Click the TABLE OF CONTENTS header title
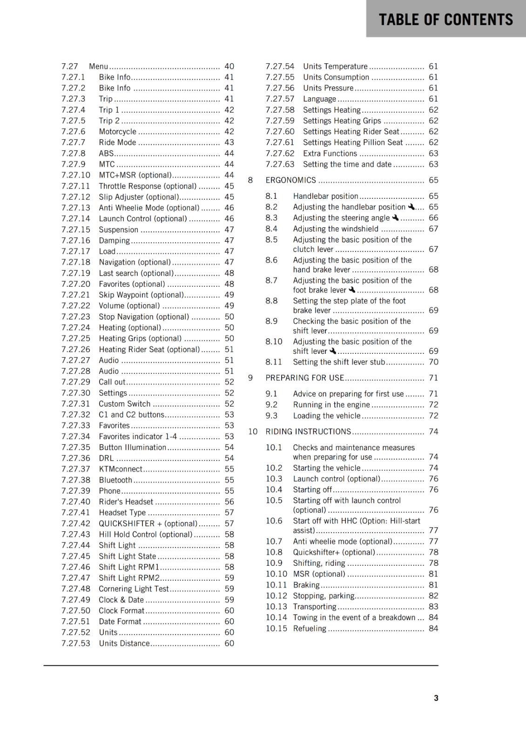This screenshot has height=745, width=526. (x=445, y=20)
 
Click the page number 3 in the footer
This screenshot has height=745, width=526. (x=436, y=698)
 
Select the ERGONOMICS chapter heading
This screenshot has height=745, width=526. (x=290, y=180)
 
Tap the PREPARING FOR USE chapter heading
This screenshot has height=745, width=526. (x=304, y=378)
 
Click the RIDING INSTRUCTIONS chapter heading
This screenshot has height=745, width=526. (x=308, y=432)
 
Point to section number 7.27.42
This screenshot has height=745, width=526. (x=75, y=523)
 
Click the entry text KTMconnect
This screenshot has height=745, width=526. (x=121, y=469)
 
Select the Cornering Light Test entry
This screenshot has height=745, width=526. (x=134, y=589)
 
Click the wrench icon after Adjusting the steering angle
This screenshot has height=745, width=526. (x=395, y=217)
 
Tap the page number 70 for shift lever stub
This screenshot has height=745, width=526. (x=433, y=362)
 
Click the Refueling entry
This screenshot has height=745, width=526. (x=310, y=628)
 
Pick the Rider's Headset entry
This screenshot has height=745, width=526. (x=126, y=501)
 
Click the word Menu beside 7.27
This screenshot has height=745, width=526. (x=98, y=67)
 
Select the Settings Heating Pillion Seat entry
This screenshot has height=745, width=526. (x=353, y=142)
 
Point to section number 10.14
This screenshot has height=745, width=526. (x=276, y=617)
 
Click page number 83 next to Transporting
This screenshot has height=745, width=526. (x=433, y=606)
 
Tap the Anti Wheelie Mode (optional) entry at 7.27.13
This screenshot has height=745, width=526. (x=149, y=208)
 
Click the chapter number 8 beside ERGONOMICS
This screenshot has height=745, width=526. (x=250, y=180)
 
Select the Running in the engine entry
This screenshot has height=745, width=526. (x=331, y=405)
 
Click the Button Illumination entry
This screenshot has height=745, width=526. (x=132, y=447)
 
